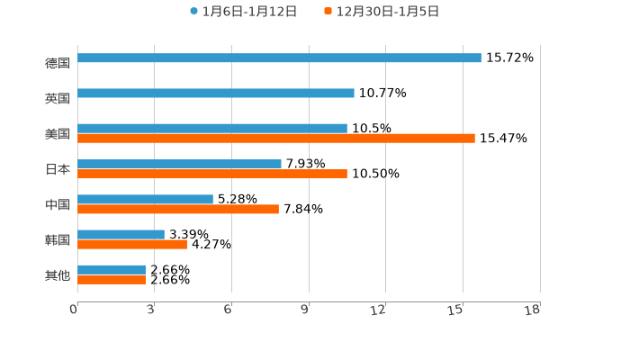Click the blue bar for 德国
279,58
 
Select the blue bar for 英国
216,93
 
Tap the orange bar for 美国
276,139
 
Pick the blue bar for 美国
212,128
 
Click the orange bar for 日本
212,174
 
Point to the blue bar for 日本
179,164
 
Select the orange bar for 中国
178,209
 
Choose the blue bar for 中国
145,199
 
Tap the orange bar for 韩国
132,244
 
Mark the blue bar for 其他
112,269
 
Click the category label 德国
58,63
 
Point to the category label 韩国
58,239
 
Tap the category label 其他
58,274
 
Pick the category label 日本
58,168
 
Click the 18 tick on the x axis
532,310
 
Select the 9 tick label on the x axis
304,310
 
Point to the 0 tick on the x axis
74,310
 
